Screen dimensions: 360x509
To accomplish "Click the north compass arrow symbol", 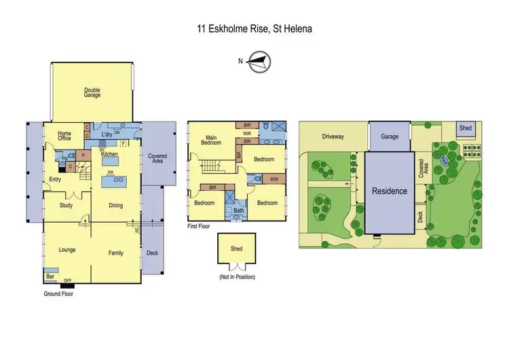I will (x=258, y=62).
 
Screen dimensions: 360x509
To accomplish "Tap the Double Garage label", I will (x=92, y=92).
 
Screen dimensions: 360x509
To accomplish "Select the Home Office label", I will (x=64, y=136).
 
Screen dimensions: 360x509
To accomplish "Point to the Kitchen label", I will (x=110, y=155).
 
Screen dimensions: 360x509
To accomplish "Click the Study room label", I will (x=66, y=204).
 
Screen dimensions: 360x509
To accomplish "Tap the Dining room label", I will (x=115, y=205).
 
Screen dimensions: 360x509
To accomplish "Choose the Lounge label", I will (x=67, y=250).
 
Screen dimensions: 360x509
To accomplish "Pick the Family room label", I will (x=116, y=253).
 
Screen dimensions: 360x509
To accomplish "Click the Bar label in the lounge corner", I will (x=50, y=277).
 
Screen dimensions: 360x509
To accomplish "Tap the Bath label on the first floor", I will (x=238, y=211).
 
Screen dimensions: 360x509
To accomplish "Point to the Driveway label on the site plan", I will (x=333, y=137).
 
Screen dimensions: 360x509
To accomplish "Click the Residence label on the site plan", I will (x=390, y=191).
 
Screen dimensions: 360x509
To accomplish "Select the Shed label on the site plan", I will (x=465, y=128).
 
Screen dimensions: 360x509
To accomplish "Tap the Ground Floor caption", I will (x=58, y=294).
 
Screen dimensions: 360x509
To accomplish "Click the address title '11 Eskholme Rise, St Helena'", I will (x=254, y=29).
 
